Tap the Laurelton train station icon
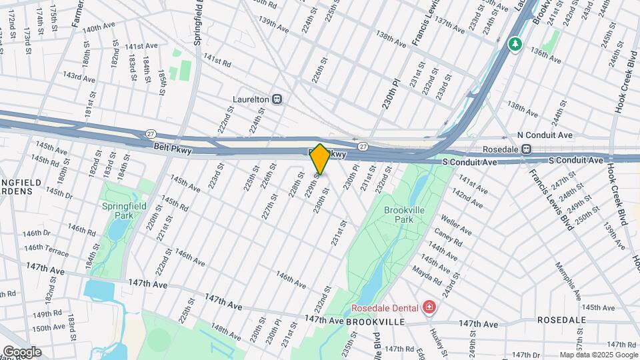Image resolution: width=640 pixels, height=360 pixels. tap(278, 99)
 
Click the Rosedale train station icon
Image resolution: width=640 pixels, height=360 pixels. tap(527, 149)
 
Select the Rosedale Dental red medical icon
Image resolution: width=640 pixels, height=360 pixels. tap(429, 307)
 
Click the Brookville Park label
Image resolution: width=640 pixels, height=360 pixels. tap(403, 214)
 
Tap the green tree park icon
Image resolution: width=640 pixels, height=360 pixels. tap(515, 45)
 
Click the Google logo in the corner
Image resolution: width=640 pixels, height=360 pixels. tap(21, 352)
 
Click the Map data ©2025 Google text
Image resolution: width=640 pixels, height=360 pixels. tap(598, 355)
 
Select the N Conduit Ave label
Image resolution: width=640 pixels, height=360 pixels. tap(545, 135)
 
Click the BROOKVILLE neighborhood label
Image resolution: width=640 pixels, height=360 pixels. tap(375, 321)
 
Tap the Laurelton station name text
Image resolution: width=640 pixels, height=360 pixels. tap(251, 99)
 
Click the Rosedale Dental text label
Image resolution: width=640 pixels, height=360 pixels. tap(385, 307)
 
